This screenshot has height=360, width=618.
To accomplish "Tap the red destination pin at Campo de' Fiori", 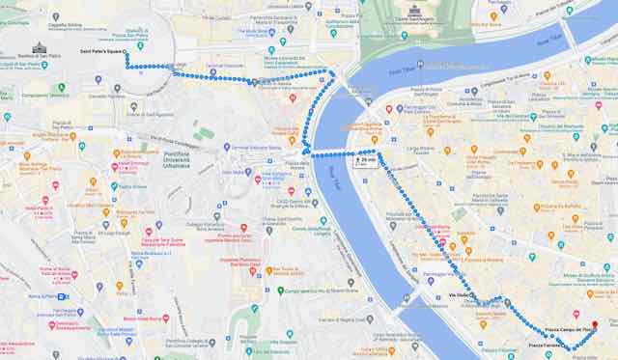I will coord(595,325).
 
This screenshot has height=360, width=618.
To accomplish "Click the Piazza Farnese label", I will coord(546,345).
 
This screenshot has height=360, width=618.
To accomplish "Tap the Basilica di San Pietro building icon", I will coord(39,48).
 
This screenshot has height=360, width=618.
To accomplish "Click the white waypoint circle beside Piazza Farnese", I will coord(571,346).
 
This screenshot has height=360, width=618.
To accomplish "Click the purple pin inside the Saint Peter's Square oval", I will coord(118,89).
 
